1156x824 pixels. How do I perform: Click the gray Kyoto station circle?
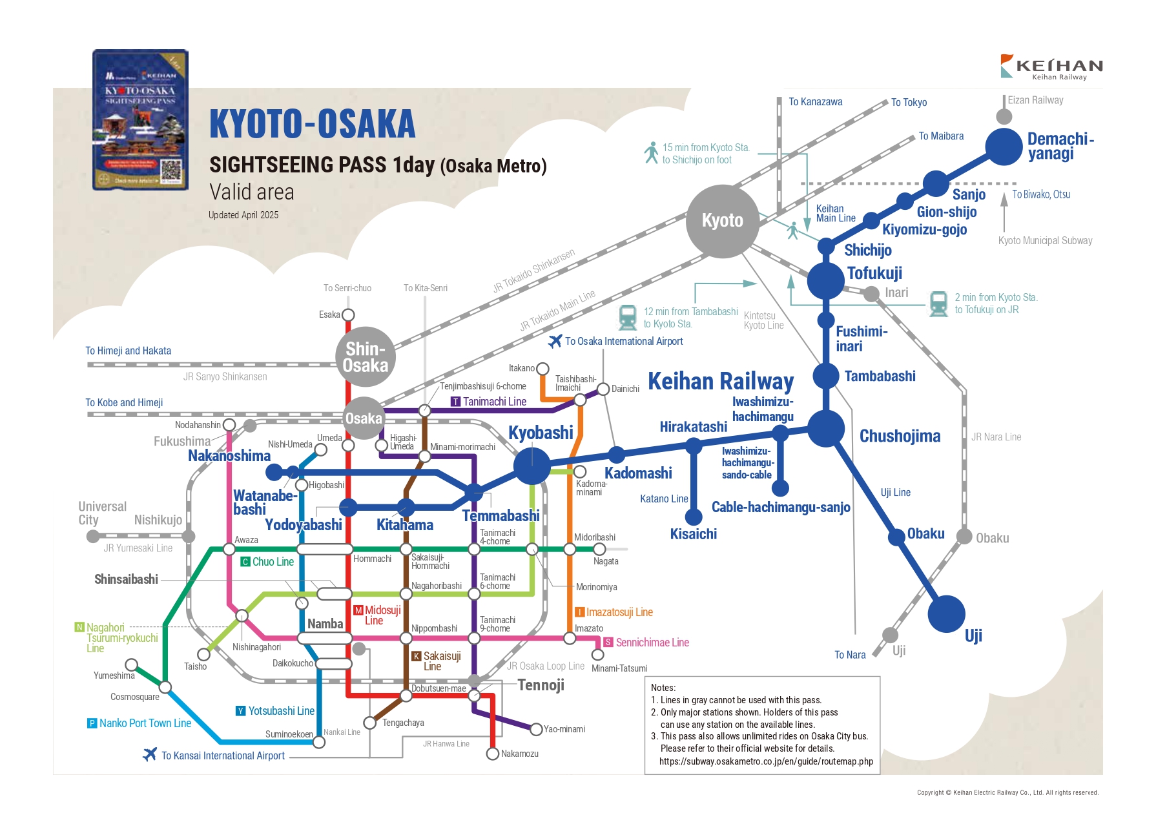(x=722, y=221)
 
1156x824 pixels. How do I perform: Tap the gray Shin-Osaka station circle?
(x=366, y=357)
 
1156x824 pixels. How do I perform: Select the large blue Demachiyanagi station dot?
(x=1004, y=147)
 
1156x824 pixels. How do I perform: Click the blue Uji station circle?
(x=946, y=613)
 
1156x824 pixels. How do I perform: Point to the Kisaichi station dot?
(x=694, y=517)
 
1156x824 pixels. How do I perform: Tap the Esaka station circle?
(x=348, y=315)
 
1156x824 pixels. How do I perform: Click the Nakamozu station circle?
(x=493, y=754)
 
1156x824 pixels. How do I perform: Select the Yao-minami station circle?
(x=535, y=730)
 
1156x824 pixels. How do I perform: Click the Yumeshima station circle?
(x=132, y=664)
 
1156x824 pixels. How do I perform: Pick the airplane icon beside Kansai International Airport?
(x=150, y=754)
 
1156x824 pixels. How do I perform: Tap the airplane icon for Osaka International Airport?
(x=555, y=341)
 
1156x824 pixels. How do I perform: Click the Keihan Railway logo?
(x=1051, y=67)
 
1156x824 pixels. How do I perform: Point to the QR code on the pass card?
(x=171, y=170)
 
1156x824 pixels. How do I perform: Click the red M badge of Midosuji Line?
(x=358, y=610)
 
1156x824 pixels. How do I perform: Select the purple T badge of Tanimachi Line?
(x=456, y=402)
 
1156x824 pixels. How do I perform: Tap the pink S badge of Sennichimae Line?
(x=608, y=643)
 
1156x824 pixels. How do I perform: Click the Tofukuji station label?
(x=874, y=273)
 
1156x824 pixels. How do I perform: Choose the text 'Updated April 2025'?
(x=243, y=215)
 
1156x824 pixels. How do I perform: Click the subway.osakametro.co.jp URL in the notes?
(x=766, y=761)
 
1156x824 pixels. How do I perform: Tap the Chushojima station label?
(x=900, y=437)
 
